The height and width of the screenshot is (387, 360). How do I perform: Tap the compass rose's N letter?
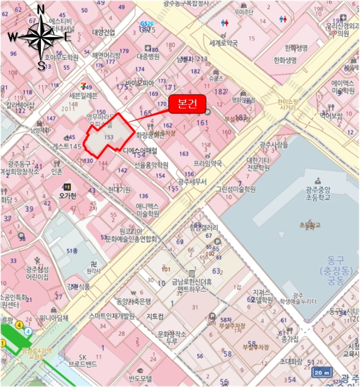[40, 9]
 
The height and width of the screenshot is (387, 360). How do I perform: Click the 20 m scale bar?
[323, 371]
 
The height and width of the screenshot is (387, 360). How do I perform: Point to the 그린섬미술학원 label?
[236, 189]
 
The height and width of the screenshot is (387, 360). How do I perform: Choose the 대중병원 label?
[148, 56]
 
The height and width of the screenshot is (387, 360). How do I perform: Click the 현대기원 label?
[119, 190]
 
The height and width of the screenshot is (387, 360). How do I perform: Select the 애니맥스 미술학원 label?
[148, 210]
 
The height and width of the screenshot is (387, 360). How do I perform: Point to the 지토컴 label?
[154, 317]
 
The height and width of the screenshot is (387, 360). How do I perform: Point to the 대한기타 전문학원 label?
[258, 164]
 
